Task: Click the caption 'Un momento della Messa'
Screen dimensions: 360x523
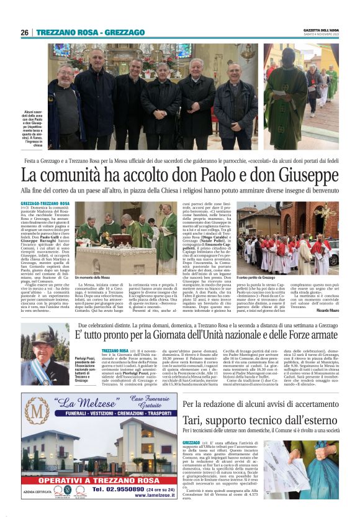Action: point(92,278)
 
